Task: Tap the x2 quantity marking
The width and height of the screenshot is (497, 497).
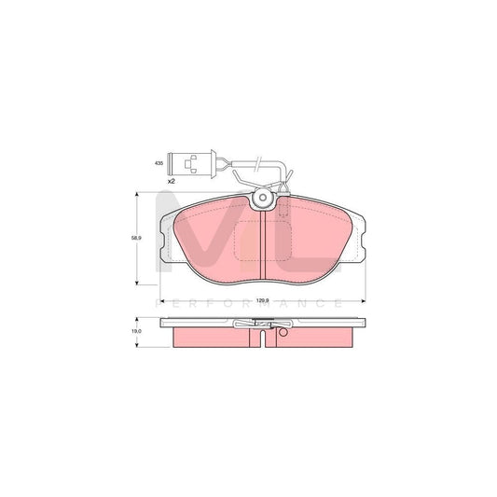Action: pos(172,178)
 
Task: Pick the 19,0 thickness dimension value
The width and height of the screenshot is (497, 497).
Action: pos(136,332)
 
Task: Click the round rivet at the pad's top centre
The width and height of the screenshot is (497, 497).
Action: pos(264,200)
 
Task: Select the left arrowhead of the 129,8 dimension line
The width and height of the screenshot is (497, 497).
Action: pos(162,301)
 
